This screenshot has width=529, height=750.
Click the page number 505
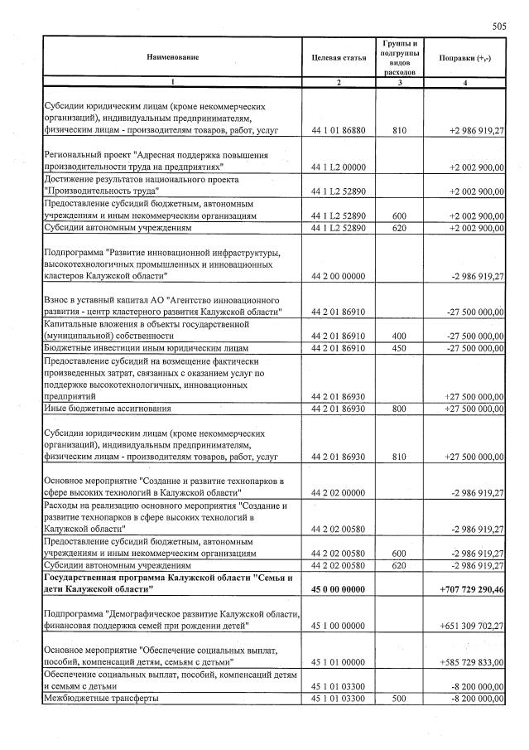498,27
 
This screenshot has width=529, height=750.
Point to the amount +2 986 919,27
476,131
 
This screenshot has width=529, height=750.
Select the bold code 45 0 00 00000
339,588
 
